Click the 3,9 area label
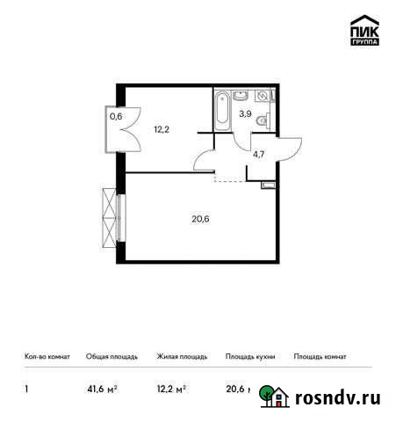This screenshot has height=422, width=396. tap(247, 114)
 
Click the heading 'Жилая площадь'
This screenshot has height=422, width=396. tap(182, 357)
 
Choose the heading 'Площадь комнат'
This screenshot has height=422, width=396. tap(320, 357)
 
